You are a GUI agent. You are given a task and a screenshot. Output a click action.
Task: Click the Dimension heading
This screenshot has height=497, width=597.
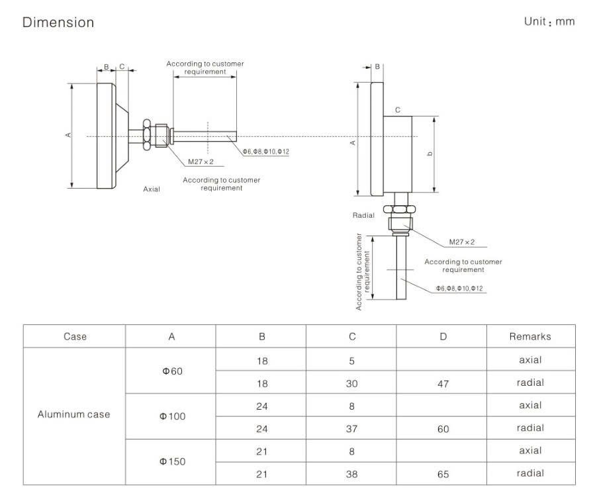click(58, 23)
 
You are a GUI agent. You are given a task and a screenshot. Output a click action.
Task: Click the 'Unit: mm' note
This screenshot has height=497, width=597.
click(549, 21)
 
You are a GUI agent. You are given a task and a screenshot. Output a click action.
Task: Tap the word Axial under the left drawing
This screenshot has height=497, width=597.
click(152, 189)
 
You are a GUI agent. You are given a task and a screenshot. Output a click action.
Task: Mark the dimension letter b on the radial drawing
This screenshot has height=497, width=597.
click(431, 154)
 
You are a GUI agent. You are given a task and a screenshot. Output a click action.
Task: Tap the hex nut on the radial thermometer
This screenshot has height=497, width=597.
click(402, 210)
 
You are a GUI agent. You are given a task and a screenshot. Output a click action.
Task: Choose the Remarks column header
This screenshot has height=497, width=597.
click(530, 336)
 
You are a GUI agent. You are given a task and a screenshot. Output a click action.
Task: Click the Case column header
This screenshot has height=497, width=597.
click(75, 336)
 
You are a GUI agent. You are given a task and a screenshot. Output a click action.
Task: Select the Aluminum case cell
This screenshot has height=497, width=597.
click(73, 415)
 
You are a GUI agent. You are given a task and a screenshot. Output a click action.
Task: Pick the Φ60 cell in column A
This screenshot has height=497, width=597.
click(171, 371)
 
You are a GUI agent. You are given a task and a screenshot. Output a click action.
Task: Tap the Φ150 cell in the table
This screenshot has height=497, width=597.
click(171, 461)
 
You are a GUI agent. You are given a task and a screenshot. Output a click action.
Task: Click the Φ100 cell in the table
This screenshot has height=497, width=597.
click(171, 416)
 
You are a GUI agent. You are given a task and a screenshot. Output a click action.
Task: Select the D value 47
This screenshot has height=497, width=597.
click(443, 383)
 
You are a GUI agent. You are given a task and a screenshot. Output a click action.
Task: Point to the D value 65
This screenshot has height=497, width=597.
click(443, 474)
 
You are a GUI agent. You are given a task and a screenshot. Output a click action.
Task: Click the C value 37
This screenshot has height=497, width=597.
click(352, 429)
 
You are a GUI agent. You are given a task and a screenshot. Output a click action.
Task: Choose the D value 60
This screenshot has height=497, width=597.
click(443, 429)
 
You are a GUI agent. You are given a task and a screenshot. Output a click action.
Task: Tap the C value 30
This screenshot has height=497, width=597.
click(352, 383)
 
